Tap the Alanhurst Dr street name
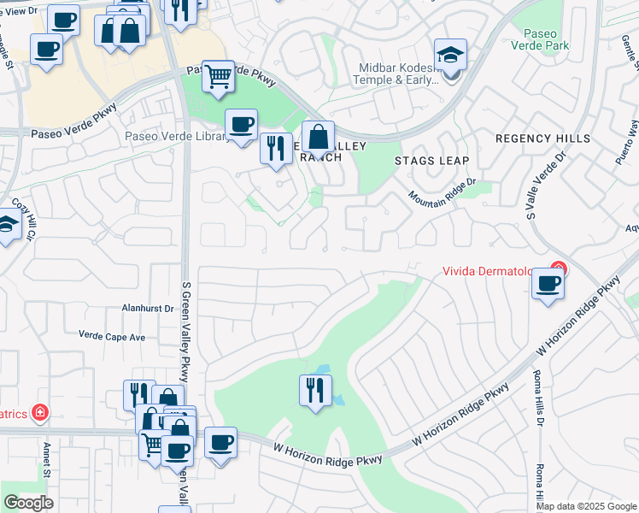pos(147,308)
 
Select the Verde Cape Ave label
pos(112,337)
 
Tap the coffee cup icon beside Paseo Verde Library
pos(241,124)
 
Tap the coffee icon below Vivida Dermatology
pos(548,284)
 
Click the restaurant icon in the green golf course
pos(315,390)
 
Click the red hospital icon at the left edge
pos(39,414)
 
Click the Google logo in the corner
pos(28,503)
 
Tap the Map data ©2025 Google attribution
pos(586,506)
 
